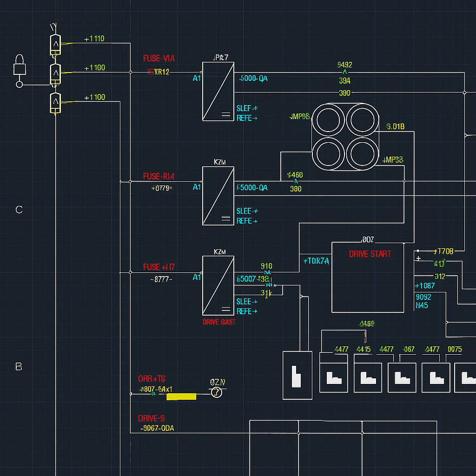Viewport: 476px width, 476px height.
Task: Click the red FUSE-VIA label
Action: [159, 59]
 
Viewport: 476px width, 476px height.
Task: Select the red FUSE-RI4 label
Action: [159, 177]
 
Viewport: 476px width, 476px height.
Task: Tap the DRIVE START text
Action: [370, 254]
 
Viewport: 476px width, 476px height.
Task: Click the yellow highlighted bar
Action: [181, 397]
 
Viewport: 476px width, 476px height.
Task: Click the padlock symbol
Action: [20, 65]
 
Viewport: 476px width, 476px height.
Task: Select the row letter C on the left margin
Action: [19, 210]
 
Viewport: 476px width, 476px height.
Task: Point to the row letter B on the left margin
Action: [19, 367]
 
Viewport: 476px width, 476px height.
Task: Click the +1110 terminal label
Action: [94, 39]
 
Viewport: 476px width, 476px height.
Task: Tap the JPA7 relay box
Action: [218, 91]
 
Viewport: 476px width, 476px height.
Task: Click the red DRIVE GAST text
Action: [219, 322]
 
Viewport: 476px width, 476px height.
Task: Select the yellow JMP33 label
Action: [393, 160]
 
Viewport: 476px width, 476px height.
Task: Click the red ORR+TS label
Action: [152, 379]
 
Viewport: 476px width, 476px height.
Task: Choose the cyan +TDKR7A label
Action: [316, 261]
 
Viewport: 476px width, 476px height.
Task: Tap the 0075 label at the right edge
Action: [454, 350]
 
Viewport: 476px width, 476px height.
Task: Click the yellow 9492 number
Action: [344, 65]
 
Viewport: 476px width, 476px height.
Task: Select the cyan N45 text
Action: [422, 306]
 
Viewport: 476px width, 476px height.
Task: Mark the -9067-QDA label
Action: [157, 429]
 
